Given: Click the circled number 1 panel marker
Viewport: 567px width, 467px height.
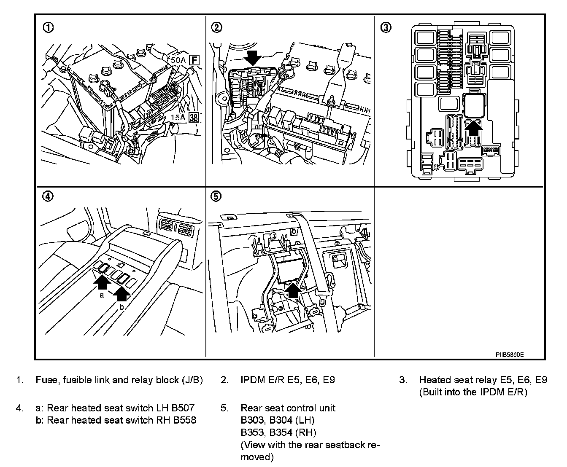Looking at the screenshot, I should (x=49, y=28).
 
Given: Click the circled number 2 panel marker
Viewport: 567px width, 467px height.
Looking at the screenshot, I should (x=216, y=28).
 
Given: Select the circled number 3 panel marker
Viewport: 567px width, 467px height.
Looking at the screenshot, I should (x=386, y=28).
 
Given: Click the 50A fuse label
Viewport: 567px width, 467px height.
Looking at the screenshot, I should (x=178, y=60).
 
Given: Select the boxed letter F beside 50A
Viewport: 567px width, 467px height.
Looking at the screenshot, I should (x=194, y=60).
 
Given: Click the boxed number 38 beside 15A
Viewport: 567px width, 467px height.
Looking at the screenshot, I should (x=194, y=117).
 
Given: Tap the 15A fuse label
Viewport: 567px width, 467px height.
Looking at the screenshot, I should (x=178, y=117).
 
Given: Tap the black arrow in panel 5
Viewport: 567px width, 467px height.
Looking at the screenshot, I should (x=294, y=290).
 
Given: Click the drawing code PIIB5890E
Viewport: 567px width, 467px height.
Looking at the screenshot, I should (x=509, y=355).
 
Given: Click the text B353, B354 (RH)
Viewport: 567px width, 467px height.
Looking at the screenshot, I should (x=278, y=432).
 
